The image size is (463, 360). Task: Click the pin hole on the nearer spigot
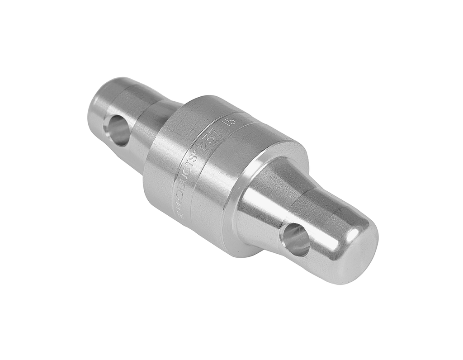pos(294,240)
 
